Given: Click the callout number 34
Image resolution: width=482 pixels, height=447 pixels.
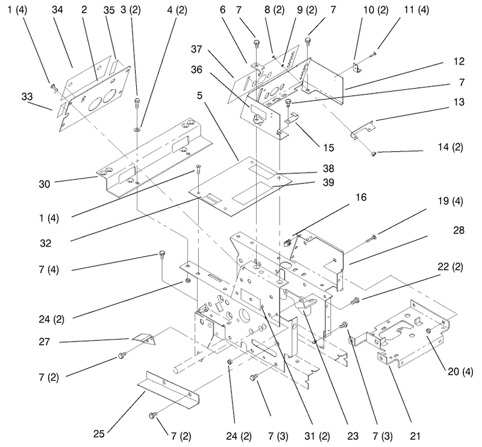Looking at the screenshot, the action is pos(57,10).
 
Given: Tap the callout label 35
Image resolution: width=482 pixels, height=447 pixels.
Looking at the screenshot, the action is pos(109,10).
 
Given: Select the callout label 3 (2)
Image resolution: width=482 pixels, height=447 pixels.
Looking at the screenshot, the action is pos(131,10).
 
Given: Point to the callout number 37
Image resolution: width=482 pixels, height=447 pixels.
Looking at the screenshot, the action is pos(196,49).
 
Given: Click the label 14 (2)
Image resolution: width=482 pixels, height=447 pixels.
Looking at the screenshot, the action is pos(450,147).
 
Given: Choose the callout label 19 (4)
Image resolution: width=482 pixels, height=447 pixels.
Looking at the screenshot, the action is pos(450,201).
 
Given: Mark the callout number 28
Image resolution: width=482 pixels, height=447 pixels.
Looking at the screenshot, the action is pos(459,230).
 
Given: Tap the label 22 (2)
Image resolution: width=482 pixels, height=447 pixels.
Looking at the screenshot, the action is pos(450,267).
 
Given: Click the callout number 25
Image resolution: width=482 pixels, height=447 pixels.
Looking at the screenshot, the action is pos(99,434).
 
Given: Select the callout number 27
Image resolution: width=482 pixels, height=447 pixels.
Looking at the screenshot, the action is pos(44,341).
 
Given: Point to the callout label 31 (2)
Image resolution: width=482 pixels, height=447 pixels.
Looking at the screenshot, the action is pos(318,436).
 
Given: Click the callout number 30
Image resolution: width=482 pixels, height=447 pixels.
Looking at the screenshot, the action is pos(44,184).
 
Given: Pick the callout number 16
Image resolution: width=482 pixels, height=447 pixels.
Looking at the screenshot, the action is pos(361,197).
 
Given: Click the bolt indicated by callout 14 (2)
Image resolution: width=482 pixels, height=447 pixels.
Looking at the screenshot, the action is pos(374,153).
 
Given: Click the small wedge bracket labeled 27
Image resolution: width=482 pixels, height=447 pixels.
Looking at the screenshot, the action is pos(143,339).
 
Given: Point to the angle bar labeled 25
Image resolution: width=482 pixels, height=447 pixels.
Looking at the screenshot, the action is pos(168,390).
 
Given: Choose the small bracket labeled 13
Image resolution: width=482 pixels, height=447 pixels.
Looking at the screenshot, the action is pos(363,128).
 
